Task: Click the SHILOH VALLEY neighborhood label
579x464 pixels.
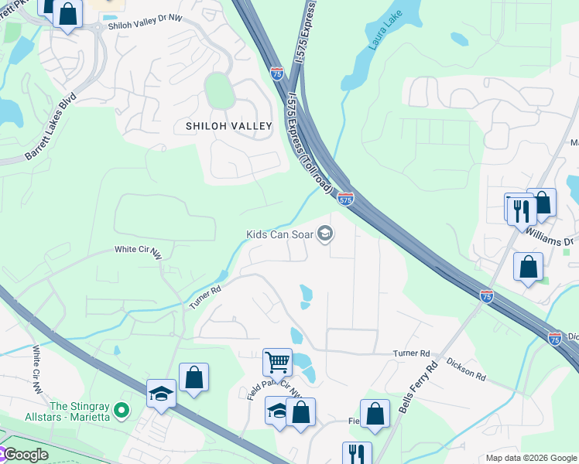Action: click(228, 126)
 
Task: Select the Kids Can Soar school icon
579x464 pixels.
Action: click(326, 233)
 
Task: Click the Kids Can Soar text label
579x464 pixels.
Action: click(279, 234)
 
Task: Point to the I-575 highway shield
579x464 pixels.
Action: click(346, 200)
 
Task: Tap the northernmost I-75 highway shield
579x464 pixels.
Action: click(277, 73)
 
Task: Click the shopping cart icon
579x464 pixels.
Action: click(276, 361)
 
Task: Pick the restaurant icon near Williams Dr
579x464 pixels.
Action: click(520, 209)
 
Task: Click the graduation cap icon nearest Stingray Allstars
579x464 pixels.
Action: click(161, 393)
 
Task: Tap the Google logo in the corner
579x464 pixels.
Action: click(26, 455)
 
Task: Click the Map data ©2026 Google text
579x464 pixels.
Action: click(530, 458)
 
